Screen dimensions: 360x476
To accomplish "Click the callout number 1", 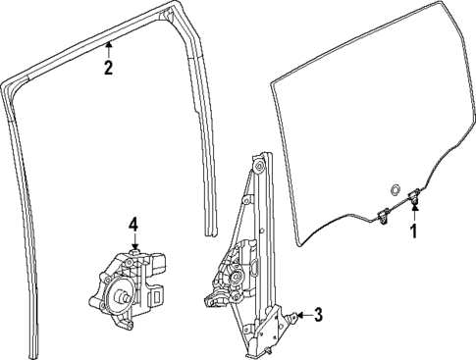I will click(413, 231).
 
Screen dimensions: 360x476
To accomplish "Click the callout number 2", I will click(108, 68).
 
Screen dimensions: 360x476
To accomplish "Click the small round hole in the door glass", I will click(393, 189).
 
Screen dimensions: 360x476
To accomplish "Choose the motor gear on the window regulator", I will click(236, 277).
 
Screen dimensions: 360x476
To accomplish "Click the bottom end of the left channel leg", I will click(37, 348).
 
